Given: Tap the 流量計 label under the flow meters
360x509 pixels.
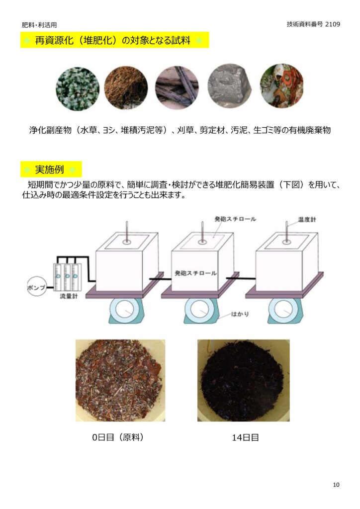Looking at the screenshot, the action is click(69, 296).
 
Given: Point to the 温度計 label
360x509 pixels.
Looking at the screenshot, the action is click(307, 219).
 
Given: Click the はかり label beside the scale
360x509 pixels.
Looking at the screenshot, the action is click(240, 314).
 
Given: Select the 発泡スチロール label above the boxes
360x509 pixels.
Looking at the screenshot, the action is click(235, 219).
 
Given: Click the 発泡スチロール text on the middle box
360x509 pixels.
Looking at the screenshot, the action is click(195, 273).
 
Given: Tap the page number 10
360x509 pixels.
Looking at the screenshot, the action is click(336, 485).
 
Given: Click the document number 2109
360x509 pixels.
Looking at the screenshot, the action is click(333, 24).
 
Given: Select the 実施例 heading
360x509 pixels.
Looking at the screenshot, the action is click(49, 170).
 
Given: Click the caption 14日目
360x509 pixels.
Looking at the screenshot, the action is click(245, 437).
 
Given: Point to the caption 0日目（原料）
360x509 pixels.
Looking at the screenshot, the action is click(118, 437).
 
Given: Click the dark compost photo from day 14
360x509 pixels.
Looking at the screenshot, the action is click(244, 380).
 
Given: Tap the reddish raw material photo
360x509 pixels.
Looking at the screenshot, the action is click(120, 380).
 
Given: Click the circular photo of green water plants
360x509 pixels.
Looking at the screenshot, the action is click(78, 88).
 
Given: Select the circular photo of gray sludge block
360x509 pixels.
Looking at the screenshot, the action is click(230, 85).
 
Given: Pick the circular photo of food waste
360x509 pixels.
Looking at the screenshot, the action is click(282, 85).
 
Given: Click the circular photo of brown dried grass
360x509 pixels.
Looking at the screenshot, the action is click(126, 87).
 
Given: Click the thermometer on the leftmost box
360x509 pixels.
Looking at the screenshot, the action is click(127, 233).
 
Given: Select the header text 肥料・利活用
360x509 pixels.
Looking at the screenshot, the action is click(39, 25).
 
